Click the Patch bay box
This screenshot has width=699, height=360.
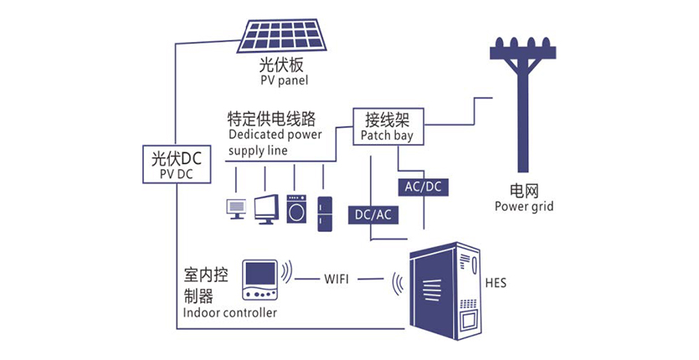point(387,126)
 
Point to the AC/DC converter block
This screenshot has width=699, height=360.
point(423,186)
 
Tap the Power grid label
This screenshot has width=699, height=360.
point(524,206)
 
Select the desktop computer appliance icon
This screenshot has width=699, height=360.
point(237,208)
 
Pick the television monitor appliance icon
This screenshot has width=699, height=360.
point(267,208)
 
